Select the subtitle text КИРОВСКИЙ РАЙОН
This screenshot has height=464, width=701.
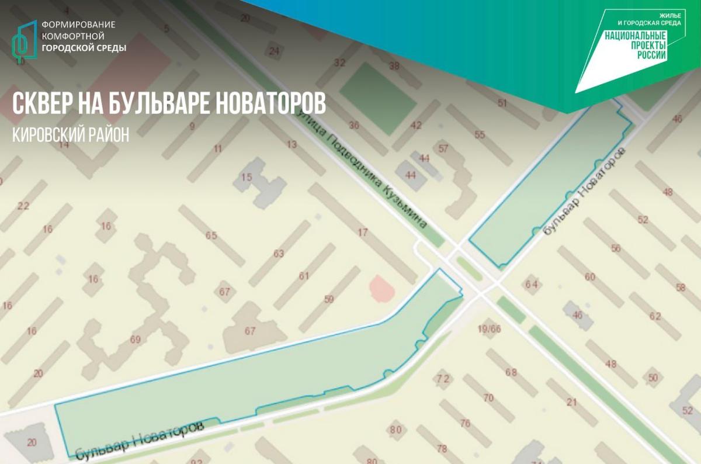[x=70, y=134]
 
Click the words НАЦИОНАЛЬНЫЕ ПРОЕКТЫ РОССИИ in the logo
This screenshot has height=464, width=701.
[x=636, y=46]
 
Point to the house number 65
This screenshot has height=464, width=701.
[x=211, y=236]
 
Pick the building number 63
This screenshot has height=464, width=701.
[x=278, y=253]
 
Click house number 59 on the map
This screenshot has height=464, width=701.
[x=329, y=299]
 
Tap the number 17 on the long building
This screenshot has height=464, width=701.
[x=363, y=233]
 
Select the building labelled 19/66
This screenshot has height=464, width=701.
[x=489, y=329]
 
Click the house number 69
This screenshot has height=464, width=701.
[x=136, y=340]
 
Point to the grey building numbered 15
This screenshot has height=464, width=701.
[x=247, y=178]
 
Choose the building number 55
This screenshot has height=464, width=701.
[x=480, y=135]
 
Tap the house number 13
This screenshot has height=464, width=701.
[x=292, y=144]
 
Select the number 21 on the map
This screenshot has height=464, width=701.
[x=571, y=402]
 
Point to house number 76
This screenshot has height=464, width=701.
[x=465, y=423]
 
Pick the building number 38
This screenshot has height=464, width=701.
[x=394, y=66]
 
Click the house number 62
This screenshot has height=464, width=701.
[x=654, y=317]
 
